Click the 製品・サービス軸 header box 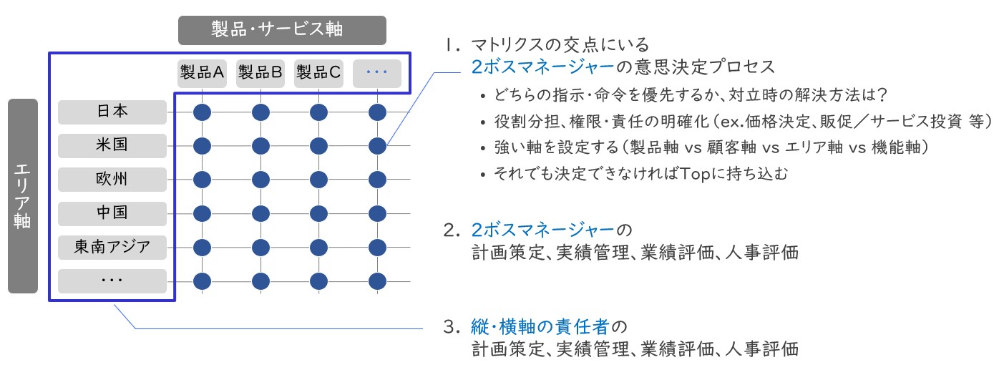282,30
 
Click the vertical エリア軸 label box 23,196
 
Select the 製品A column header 202,73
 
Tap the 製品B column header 260,73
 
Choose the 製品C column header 318,73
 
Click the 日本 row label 112,112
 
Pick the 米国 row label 112,145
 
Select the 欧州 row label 112,180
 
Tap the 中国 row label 112,213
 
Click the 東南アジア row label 112,247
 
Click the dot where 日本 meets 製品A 202,112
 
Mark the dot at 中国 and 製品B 260,214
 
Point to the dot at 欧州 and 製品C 318,180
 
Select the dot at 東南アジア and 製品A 202,248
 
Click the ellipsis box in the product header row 377,73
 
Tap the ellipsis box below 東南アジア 112,281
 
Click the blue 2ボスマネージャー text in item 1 542,67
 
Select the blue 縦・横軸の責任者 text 540,327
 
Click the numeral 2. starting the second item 452,230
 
